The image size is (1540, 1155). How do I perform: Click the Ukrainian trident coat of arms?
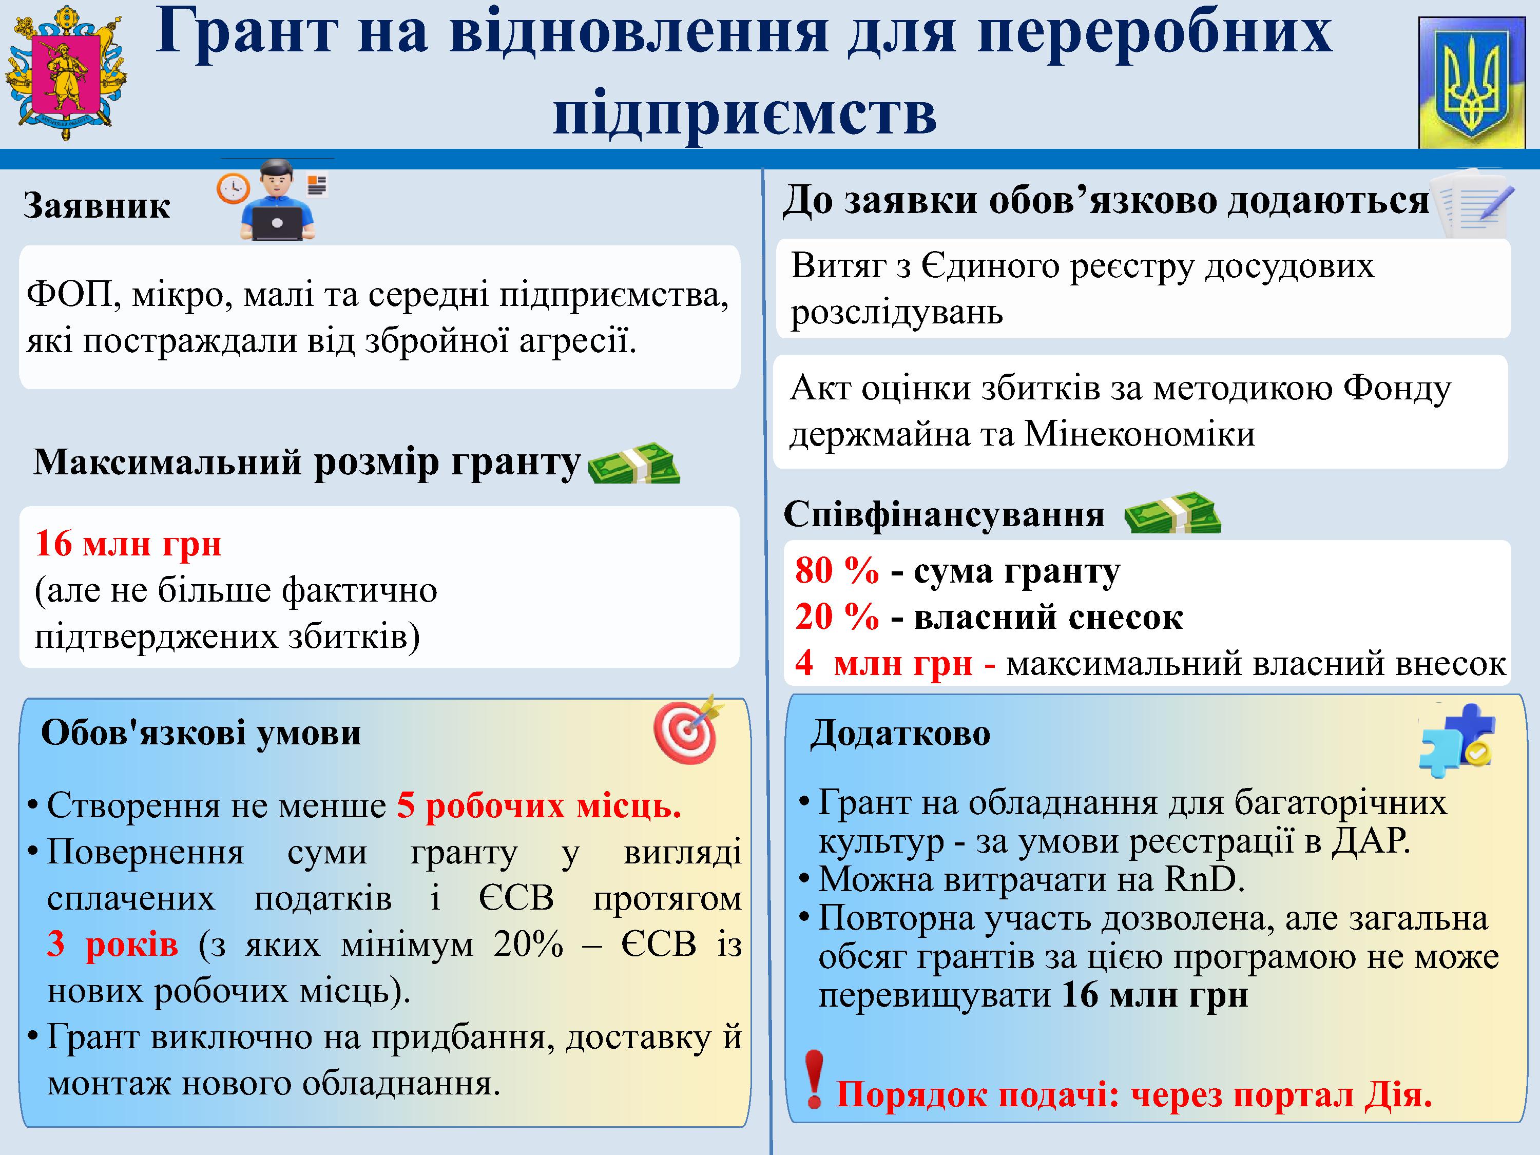point(1472,83)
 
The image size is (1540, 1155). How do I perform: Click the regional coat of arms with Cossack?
point(66,73)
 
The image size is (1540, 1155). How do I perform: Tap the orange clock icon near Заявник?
point(233,188)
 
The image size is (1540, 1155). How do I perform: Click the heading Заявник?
point(97,206)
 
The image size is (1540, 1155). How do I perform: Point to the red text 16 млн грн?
point(128,544)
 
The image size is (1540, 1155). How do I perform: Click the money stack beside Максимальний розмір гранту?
point(633,463)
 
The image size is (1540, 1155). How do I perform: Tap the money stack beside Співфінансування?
point(1173,513)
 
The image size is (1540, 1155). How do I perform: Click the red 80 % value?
point(837,570)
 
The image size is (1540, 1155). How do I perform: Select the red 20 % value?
point(837,617)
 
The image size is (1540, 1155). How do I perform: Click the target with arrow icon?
point(688,729)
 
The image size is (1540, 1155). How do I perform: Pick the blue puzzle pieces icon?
point(1456,741)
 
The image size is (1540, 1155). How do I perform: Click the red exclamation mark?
point(813,1079)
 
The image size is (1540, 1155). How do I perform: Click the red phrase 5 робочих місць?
point(539,806)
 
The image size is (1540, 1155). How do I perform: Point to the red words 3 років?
point(112,945)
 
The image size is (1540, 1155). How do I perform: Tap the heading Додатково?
point(900,733)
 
